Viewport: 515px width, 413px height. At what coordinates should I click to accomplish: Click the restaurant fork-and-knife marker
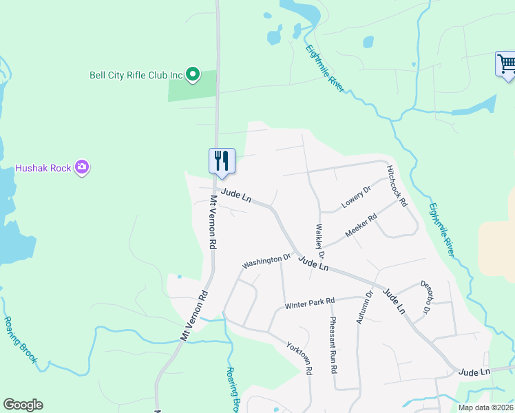(222, 161)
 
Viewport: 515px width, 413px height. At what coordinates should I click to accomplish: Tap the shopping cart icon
(506, 64)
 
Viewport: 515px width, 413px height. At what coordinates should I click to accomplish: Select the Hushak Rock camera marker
(82, 167)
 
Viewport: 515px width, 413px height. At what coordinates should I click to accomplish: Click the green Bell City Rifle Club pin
(193, 74)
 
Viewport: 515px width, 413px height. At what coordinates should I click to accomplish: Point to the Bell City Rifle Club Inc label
(138, 75)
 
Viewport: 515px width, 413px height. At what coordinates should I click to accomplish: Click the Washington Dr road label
(266, 262)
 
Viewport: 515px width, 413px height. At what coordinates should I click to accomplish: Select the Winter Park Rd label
(309, 302)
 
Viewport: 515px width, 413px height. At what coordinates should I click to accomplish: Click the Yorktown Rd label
(301, 359)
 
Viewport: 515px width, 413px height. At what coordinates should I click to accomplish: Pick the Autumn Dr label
(364, 307)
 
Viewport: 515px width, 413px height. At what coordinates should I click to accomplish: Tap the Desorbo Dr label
(425, 297)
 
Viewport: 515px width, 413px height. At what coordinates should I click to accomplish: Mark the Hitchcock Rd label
(397, 186)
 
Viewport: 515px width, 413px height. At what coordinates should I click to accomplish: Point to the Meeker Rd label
(361, 226)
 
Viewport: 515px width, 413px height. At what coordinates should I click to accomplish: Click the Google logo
(23, 405)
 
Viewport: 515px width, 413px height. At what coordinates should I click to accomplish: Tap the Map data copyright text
(486, 407)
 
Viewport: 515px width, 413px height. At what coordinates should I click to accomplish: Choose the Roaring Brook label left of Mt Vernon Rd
(20, 339)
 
